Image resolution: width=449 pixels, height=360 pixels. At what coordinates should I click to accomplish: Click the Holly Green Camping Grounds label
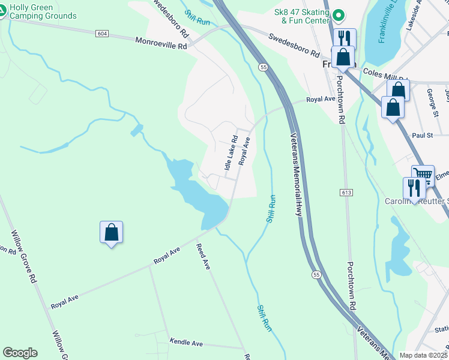[x=43, y=11]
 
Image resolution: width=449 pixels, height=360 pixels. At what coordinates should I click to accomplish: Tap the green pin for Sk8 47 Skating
[x=338, y=14]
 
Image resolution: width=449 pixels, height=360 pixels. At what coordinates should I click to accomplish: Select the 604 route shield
[x=101, y=34]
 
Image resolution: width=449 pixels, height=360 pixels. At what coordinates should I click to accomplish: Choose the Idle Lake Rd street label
[x=231, y=152]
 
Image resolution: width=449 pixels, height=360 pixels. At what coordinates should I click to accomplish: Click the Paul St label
[x=423, y=136]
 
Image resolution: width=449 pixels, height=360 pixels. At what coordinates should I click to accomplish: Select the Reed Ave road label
[x=203, y=256]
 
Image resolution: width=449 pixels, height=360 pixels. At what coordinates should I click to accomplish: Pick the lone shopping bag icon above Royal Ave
[x=111, y=232]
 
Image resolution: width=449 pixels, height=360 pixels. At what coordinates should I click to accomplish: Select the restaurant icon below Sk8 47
[x=344, y=38]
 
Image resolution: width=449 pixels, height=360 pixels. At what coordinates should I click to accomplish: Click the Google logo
[x=20, y=353]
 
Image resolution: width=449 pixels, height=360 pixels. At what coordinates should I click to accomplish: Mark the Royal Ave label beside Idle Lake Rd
[x=244, y=151]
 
